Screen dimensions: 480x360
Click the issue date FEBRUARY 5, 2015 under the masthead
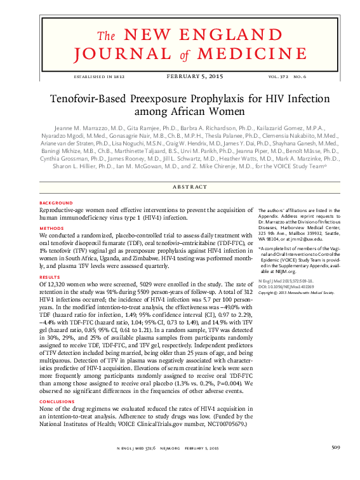click(194, 77)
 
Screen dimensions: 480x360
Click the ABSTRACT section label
click(190, 187)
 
